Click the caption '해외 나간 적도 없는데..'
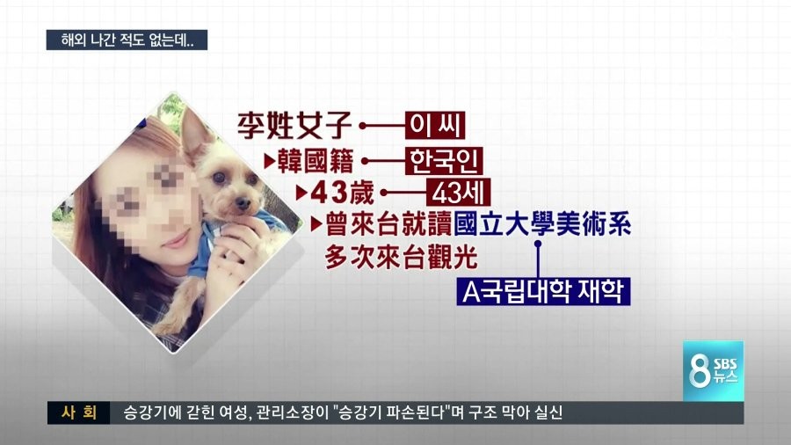[127, 40]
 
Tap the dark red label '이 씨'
[435, 126]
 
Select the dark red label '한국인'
[444, 161]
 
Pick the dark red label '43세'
[458, 193]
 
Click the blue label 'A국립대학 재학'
[543, 291]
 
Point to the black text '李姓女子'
[294, 125]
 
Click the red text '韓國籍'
[316, 161]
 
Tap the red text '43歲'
[342, 193]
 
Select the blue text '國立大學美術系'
[542, 224]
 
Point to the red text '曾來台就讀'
[388, 224]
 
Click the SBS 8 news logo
[714, 371]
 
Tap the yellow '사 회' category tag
[79, 412]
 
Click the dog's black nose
[243, 203]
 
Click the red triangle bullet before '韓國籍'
[270, 162]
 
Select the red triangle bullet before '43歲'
[301, 193]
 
